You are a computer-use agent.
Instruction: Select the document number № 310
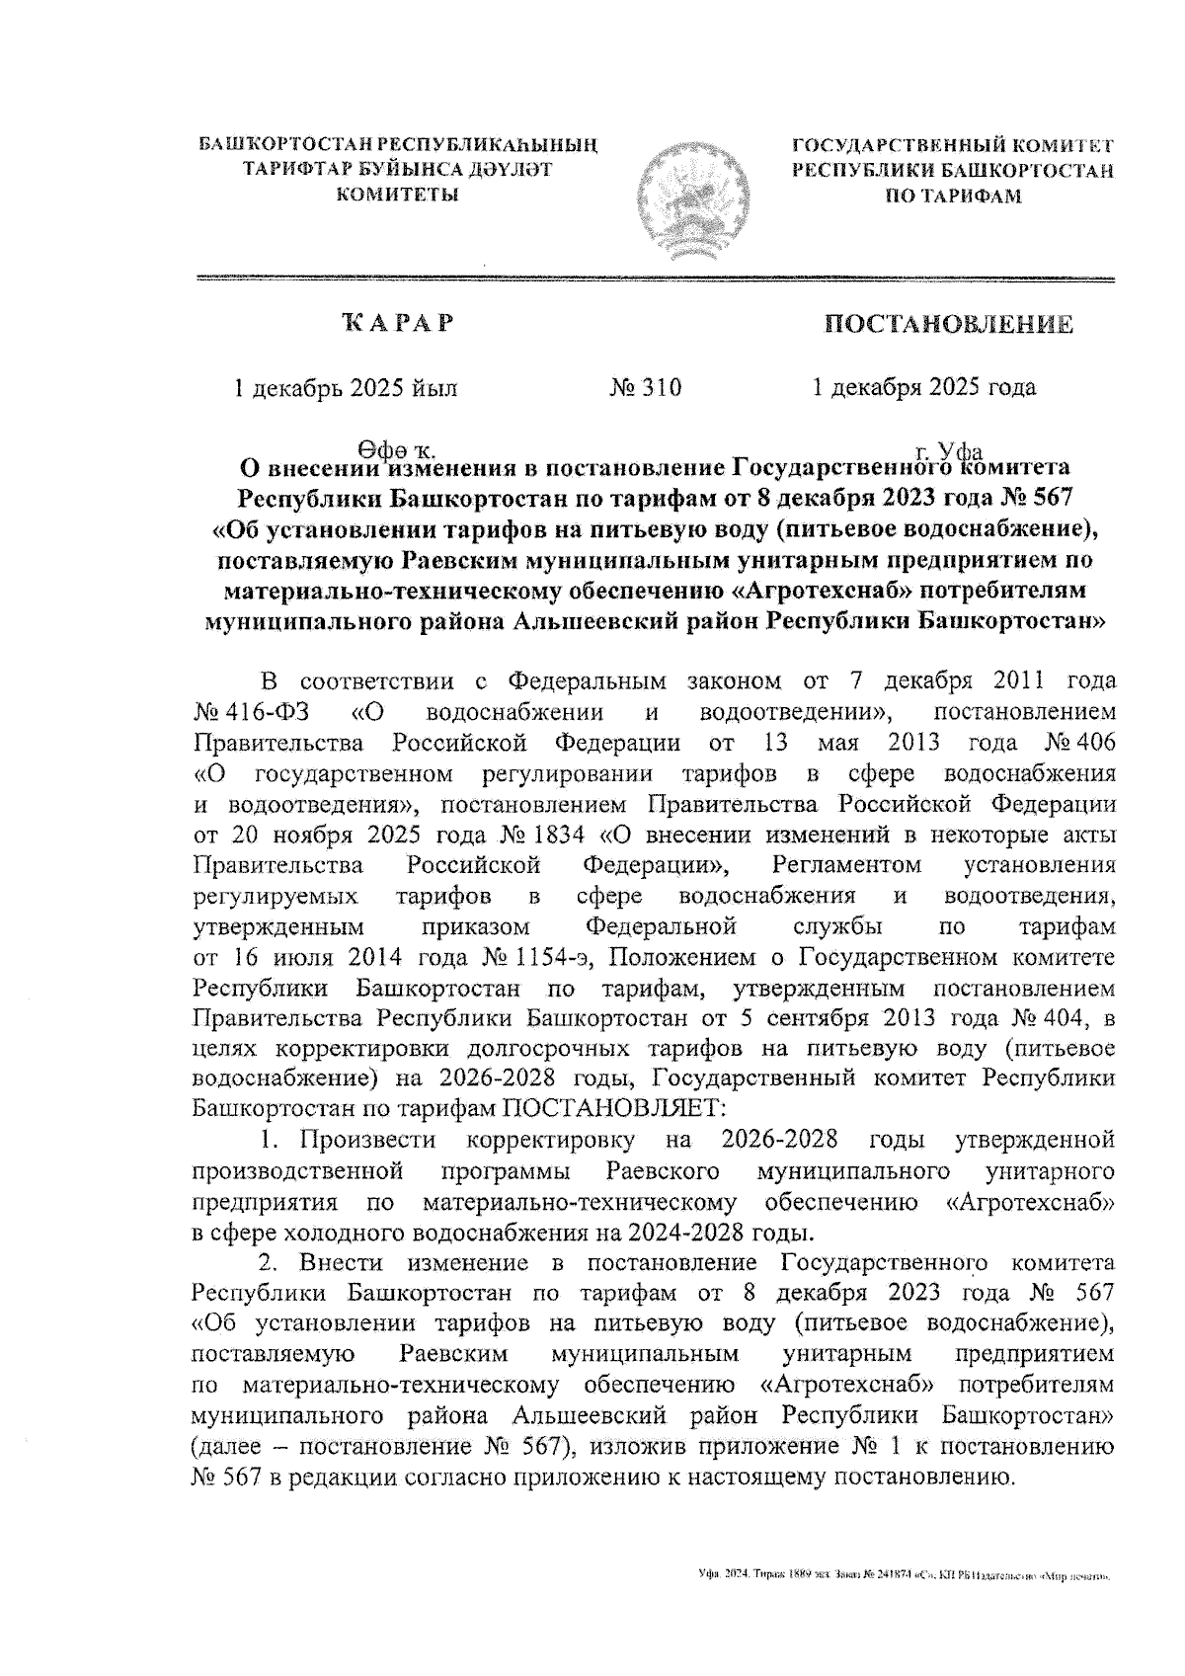[646, 387]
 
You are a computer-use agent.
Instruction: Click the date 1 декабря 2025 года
[923, 387]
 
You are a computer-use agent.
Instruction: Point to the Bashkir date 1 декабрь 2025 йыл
[345, 387]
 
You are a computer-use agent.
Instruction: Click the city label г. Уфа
[949, 446]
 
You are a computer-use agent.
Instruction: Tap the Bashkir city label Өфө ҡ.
[392, 446]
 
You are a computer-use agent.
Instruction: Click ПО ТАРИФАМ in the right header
[952, 195]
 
